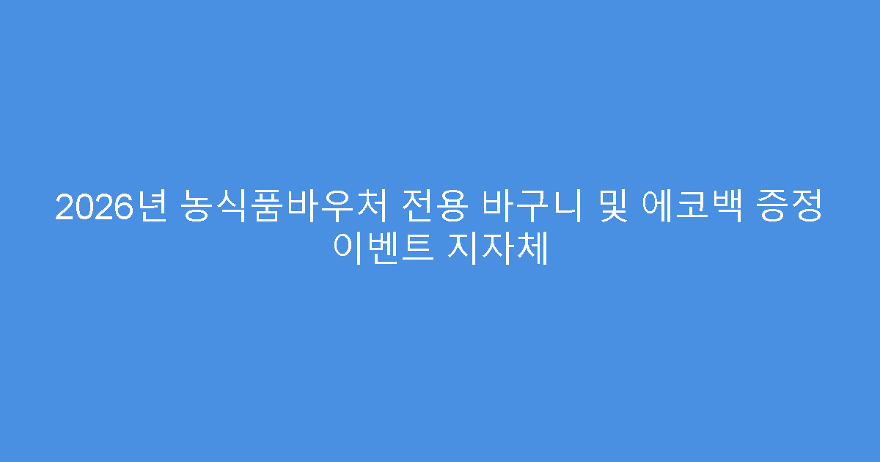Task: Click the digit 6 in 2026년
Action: point(128,208)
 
